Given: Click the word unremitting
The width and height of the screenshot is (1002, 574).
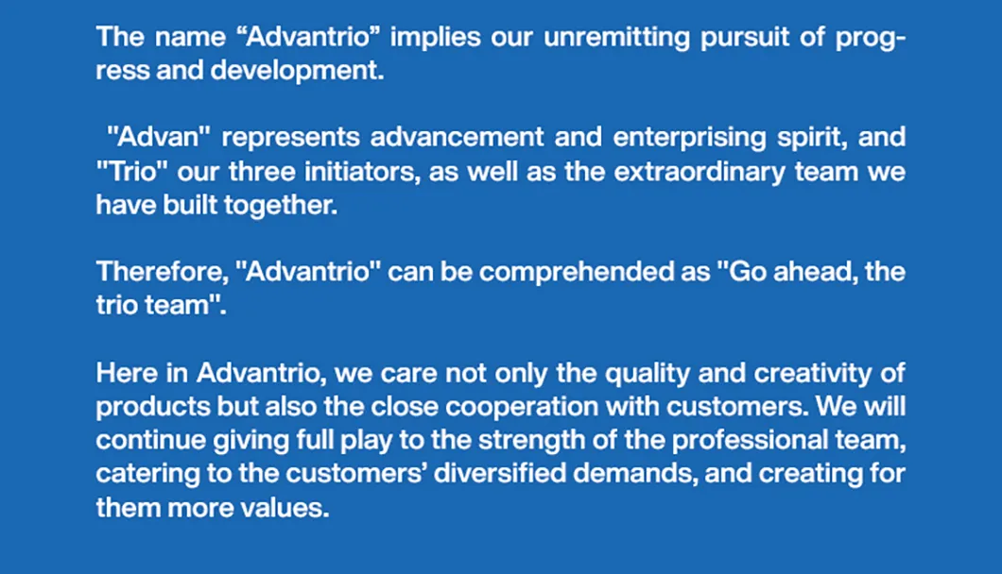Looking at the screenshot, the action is (x=616, y=38).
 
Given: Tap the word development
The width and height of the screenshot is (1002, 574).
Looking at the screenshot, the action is (x=297, y=71).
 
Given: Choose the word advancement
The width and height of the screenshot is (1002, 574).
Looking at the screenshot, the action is (x=457, y=137).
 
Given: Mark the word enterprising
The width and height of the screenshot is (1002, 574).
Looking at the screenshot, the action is (x=689, y=138).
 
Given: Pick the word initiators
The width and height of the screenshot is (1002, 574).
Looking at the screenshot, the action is (x=362, y=172).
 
